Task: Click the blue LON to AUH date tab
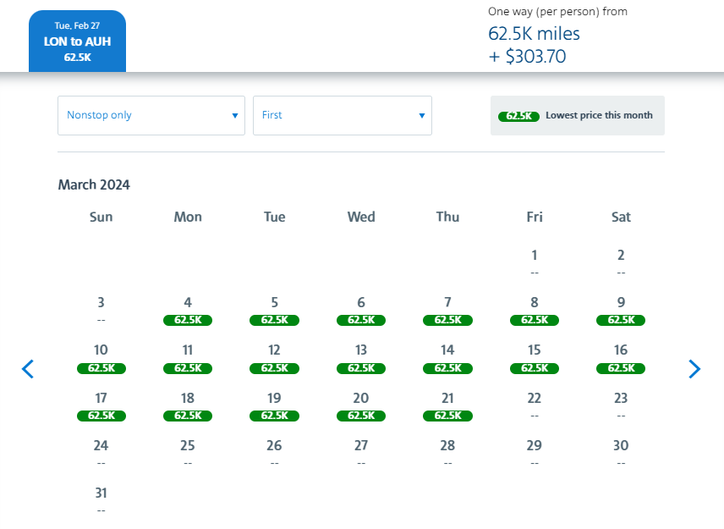tap(77, 41)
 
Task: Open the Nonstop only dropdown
tap(151, 115)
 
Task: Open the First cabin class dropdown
tap(342, 115)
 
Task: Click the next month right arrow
tap(694, 369)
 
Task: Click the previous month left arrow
tap(28, 369)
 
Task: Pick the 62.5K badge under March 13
tap(361, 368)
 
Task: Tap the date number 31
tap(101, 493)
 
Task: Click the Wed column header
tap(361, 217)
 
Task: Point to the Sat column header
tap(621, 217)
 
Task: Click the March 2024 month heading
tap(94, 185)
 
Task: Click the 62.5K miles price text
tap(534, 34)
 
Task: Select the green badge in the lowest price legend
tap(518, 116)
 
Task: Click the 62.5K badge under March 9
tap(621, 320)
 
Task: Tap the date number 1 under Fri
tap(535, 255)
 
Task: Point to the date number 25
tap(188, 445)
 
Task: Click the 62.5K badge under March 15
tap(535, 368)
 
